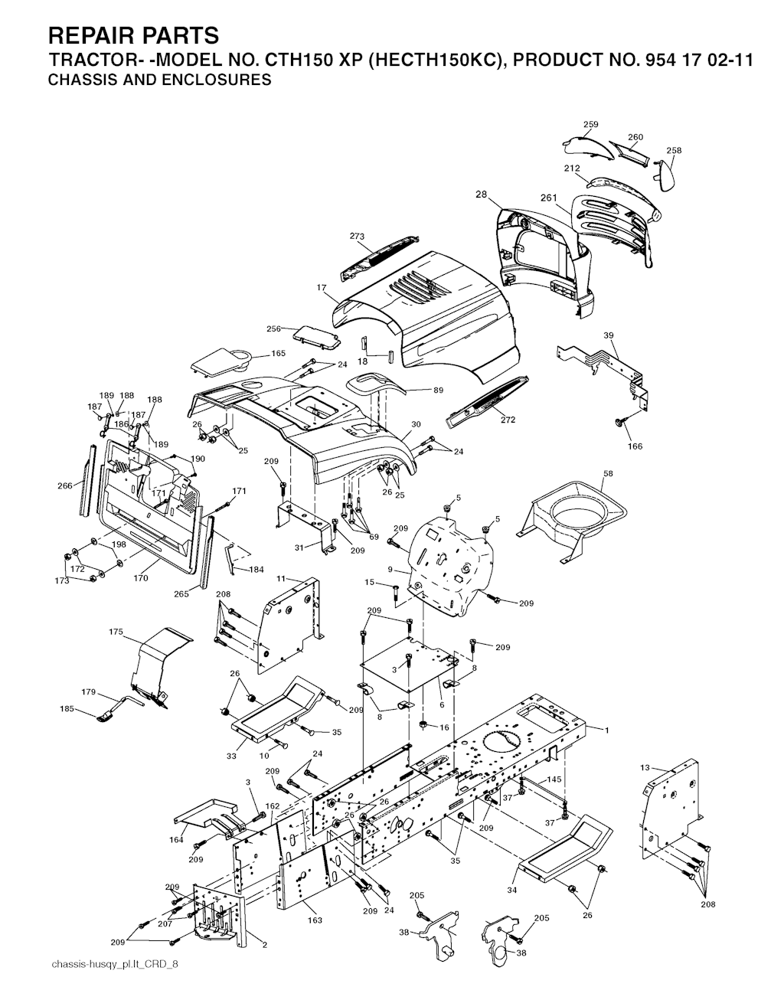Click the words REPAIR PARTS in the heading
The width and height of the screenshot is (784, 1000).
coord(133,36)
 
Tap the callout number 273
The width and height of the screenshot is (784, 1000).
coord(357,237)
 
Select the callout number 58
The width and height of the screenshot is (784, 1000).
coord(608,473)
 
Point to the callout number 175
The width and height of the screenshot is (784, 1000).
coord(116,632)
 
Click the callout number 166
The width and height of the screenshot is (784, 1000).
coord(635,446)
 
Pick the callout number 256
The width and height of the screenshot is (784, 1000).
coord(274,328)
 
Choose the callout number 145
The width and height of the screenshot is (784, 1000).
coord(554,779)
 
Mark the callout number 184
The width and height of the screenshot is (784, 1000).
coord(256,570)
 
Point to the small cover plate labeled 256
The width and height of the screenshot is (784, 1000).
coord(317,336)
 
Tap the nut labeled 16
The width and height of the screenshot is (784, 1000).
coord(423,725)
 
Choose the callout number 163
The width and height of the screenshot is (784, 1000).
coord(315,920)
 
